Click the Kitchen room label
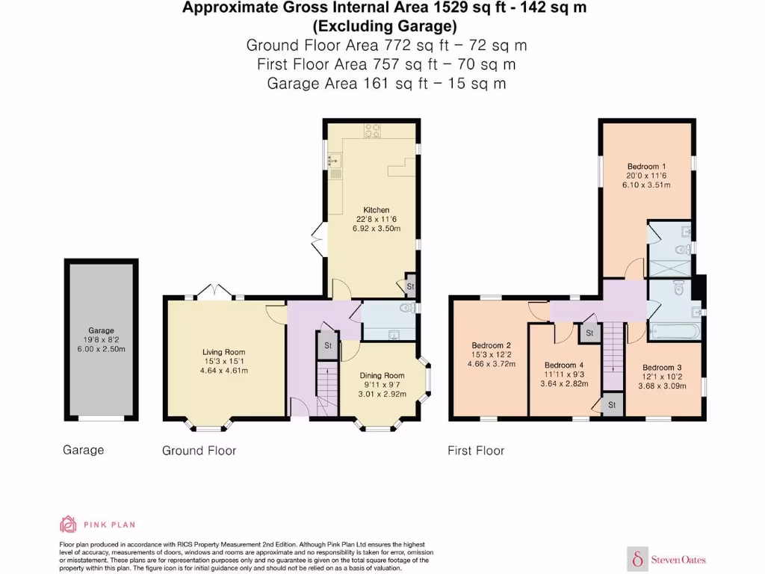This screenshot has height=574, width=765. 376,210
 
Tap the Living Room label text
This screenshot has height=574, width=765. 223,352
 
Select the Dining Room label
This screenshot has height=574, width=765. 382,375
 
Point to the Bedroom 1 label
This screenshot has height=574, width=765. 646,166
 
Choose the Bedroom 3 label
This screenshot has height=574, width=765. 663,367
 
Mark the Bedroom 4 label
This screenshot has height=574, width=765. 564,365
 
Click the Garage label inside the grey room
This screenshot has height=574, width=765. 101,330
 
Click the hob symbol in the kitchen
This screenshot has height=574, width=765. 371,131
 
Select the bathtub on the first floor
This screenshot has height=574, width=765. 675,332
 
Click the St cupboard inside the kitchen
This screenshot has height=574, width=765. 410,286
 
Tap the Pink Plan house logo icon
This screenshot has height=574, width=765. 68,524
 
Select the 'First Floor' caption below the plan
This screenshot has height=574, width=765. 475,451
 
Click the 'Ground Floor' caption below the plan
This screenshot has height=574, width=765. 199,451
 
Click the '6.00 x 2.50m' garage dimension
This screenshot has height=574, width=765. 101,349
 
